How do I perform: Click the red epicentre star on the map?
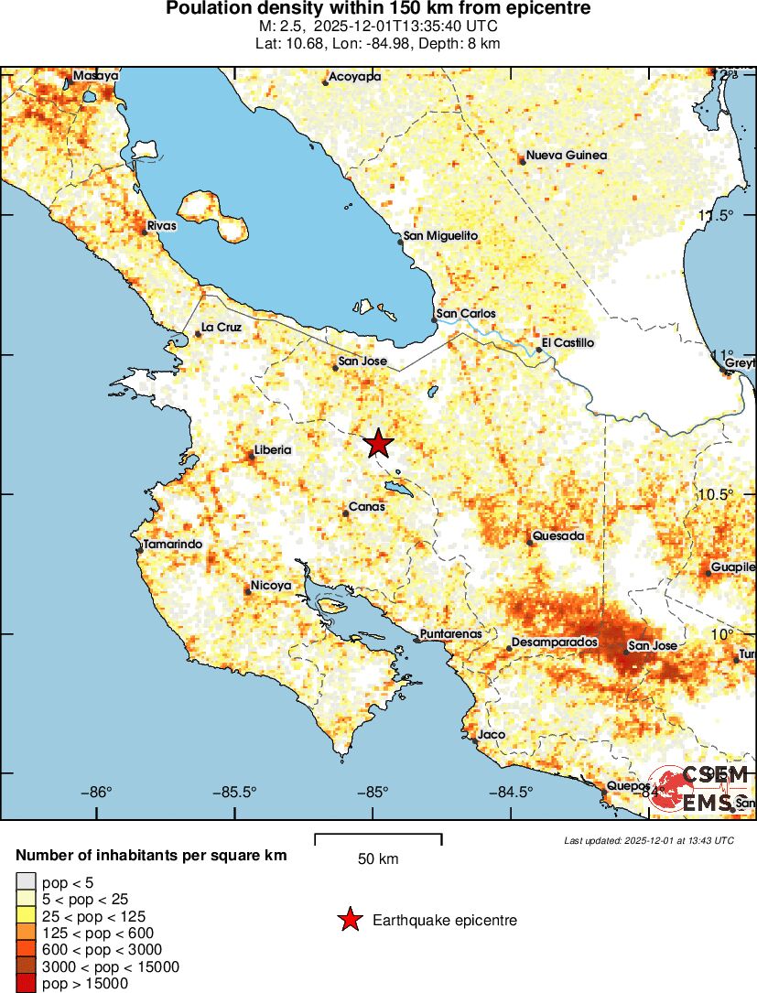(x=378, y=444)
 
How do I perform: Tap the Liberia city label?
(x=273, y=449)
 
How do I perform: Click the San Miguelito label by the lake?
(x=441, y=236)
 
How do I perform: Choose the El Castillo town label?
(x=568, y=343)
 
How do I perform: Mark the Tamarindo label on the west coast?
(x=173, y=545)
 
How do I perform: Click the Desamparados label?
(x=554, y=643)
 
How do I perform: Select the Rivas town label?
(x=162, y=225)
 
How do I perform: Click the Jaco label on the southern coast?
(x=492, y=734)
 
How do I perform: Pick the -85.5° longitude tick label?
(x=238, y=793)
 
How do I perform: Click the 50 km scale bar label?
(x=378, y=858)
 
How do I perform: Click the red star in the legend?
(x=349, y=921)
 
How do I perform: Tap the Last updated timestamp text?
(x=649, y=840)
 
